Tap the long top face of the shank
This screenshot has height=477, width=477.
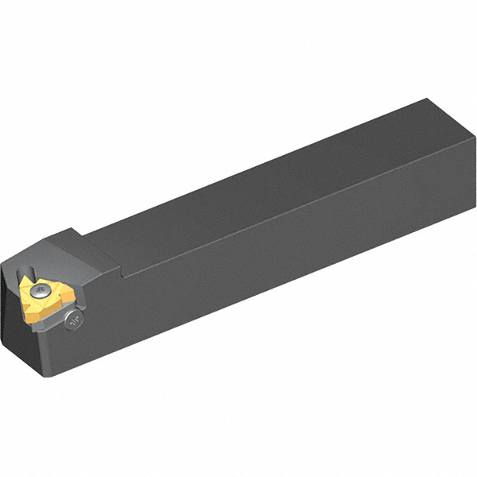click(x=262, y=183)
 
